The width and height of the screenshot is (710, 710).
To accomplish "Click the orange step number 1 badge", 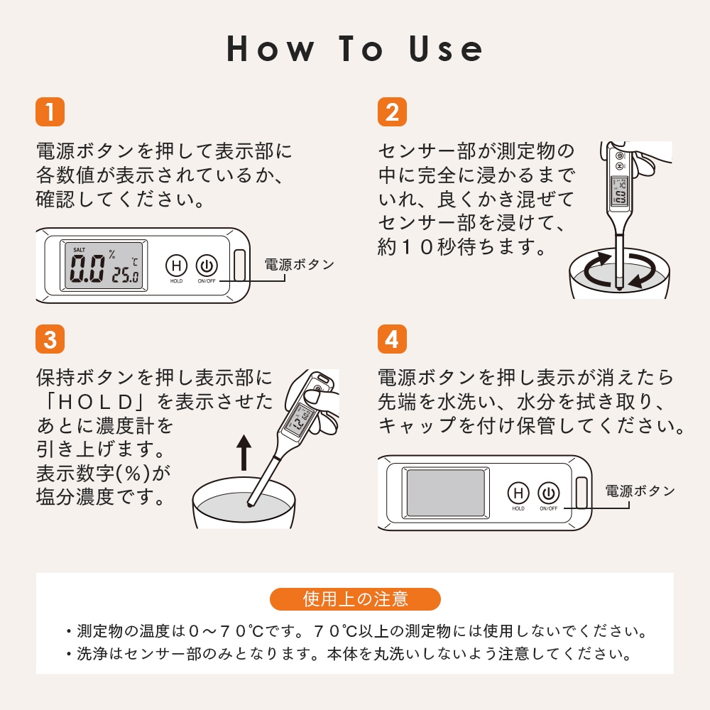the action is pos(50,112).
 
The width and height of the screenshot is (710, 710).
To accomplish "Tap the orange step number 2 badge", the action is pos(392,112).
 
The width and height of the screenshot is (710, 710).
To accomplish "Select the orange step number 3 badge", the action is pos(50,339).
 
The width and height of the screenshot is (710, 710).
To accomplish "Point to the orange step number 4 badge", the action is pos(392,339).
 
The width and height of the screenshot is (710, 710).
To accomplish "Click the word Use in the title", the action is pos(446,49).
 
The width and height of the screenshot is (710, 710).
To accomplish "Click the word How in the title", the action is pos(271,49).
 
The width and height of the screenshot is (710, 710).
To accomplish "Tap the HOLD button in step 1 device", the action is pos(176,266).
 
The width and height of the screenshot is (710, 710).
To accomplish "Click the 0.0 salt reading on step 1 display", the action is pos(87,268).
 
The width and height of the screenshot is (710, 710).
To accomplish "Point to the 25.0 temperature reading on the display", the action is pos(126,275).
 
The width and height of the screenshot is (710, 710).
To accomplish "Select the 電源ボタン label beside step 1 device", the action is pos(300,264).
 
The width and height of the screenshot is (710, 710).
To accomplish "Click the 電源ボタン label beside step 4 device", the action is pos(640,491).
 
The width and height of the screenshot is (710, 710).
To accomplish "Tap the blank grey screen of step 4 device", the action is pos(446,493).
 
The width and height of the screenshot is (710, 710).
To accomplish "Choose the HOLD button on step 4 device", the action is pos(518,493).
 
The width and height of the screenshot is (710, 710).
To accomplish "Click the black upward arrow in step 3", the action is pos(244,452).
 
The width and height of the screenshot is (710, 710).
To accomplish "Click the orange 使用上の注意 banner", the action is pos(355,599).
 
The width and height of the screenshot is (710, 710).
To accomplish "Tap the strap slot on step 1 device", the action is pos(240,266).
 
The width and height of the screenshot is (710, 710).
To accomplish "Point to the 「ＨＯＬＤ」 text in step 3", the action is pos(96,402).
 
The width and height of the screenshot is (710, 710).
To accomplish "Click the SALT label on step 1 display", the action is pos(80,249).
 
